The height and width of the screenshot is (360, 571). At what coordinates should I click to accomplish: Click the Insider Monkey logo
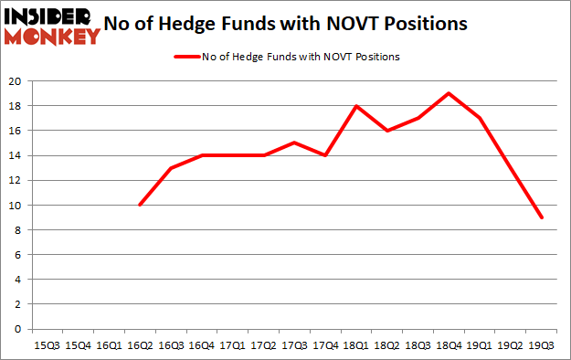coord(51,26)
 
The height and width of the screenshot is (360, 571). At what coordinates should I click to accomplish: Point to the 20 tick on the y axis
coord(16,81)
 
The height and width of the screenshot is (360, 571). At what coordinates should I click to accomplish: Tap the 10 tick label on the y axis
coord(16,205)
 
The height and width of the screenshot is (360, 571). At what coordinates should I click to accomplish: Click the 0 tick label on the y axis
coord(18,329)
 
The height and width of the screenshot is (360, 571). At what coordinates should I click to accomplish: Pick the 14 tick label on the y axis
coord(16,155)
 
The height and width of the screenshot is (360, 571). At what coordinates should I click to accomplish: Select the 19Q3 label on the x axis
coord(542,344)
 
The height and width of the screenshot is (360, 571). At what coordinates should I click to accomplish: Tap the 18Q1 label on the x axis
coord(355,344)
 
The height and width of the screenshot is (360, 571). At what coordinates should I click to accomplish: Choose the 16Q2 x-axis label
coord(139,344)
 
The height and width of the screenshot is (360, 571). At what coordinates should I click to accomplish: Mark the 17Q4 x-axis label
coord(324,344)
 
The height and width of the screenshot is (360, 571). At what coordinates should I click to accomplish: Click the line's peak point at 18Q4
coord(449,93)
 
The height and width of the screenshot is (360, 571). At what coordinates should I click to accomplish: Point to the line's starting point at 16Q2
coord(139,205)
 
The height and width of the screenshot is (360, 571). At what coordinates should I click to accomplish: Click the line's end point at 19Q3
coord(542,217)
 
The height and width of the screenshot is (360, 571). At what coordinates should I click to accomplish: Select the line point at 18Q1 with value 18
coord(355,106)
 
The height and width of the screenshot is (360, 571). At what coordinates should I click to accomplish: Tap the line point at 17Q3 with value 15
coord(293,143)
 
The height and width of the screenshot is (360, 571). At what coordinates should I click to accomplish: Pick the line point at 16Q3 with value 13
coord(170,168)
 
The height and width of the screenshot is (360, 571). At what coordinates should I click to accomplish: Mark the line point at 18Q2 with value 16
coord(386,131)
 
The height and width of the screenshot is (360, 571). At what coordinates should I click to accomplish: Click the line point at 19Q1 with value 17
coord(480,118)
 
